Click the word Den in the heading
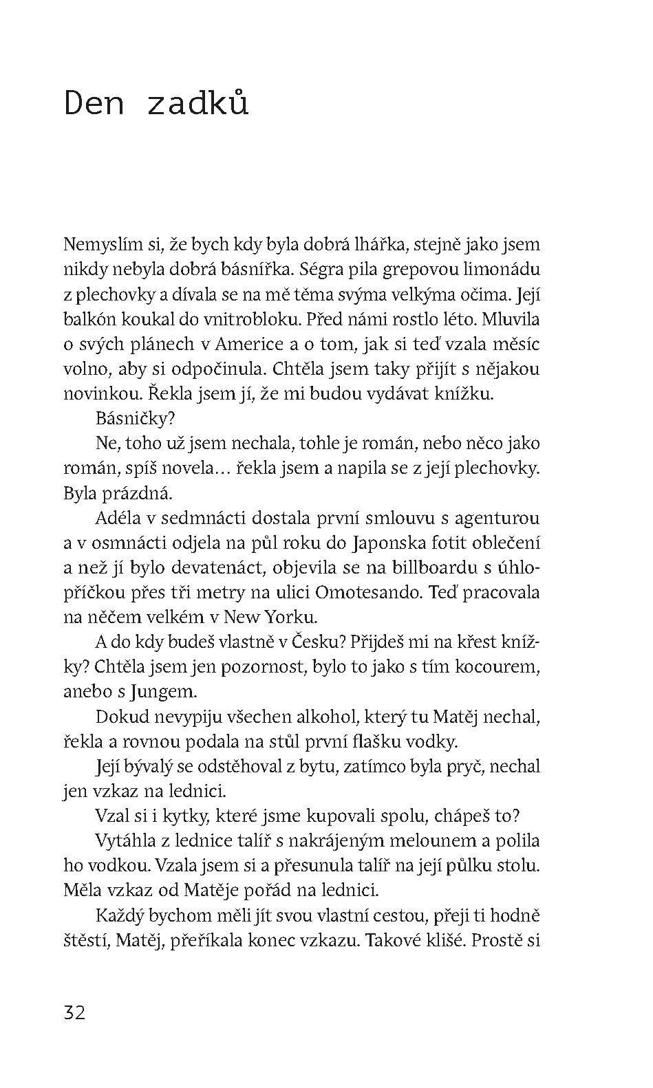pos(95,104)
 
